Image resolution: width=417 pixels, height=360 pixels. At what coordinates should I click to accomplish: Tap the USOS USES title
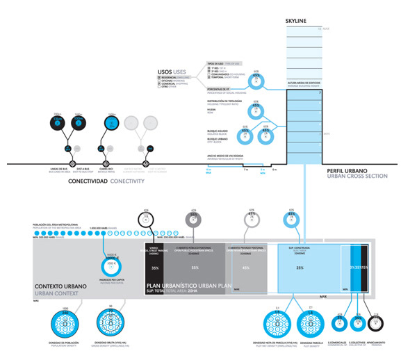[172, 72]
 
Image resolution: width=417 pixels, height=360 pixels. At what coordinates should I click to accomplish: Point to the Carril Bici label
[106, 169]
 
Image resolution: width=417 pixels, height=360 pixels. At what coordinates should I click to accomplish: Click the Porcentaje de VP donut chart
[256, 81]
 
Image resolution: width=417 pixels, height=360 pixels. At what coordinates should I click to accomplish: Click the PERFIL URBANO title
[348, 170]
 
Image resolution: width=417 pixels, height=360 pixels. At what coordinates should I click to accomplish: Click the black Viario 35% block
[154, 268]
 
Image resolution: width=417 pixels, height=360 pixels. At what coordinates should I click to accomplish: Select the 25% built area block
[299, 268]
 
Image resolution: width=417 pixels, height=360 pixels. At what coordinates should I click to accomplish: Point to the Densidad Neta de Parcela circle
[277, 323]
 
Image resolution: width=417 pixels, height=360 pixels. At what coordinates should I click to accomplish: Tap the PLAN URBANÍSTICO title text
[184, 286]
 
